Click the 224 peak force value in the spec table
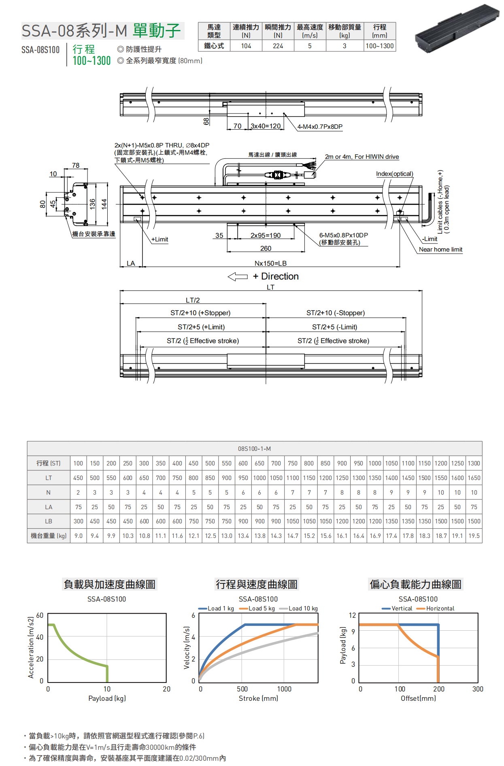[278, 46]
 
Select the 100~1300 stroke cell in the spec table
[379, 46]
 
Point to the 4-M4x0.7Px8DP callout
[320, 127]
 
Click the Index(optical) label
[394, 174]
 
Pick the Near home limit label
[440, 250]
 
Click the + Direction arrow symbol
[238, 277]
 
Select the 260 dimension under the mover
[266, 248]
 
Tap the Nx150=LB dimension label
[270, 263]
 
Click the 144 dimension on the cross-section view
[104, 204]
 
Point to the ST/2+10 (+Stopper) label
[200, 313]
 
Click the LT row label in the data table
[49, 478]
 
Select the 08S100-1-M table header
[254, 449]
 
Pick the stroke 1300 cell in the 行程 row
[474, 463]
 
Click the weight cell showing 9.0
[79, 536]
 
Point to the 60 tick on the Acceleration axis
[40, 615]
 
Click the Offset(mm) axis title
[418, 698]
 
